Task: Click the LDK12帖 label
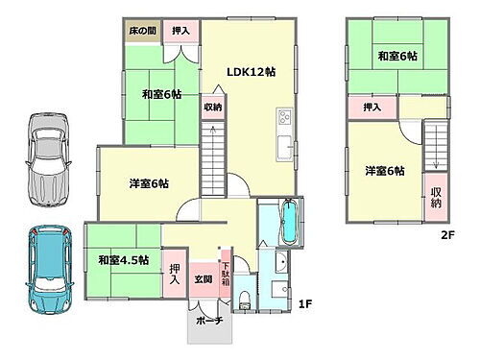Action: [251, 71]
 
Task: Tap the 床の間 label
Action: [142, 32]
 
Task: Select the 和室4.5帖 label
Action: [123, 259]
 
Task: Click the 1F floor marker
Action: [304, 305]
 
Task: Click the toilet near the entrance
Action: [245, 295]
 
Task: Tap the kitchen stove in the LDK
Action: [284, 119]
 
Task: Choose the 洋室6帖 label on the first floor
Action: [150, 182]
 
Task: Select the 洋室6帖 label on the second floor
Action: [384, 171]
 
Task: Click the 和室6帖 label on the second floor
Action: [396, 57]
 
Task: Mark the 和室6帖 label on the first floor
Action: [162, 93]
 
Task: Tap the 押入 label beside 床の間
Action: [180, 32]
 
